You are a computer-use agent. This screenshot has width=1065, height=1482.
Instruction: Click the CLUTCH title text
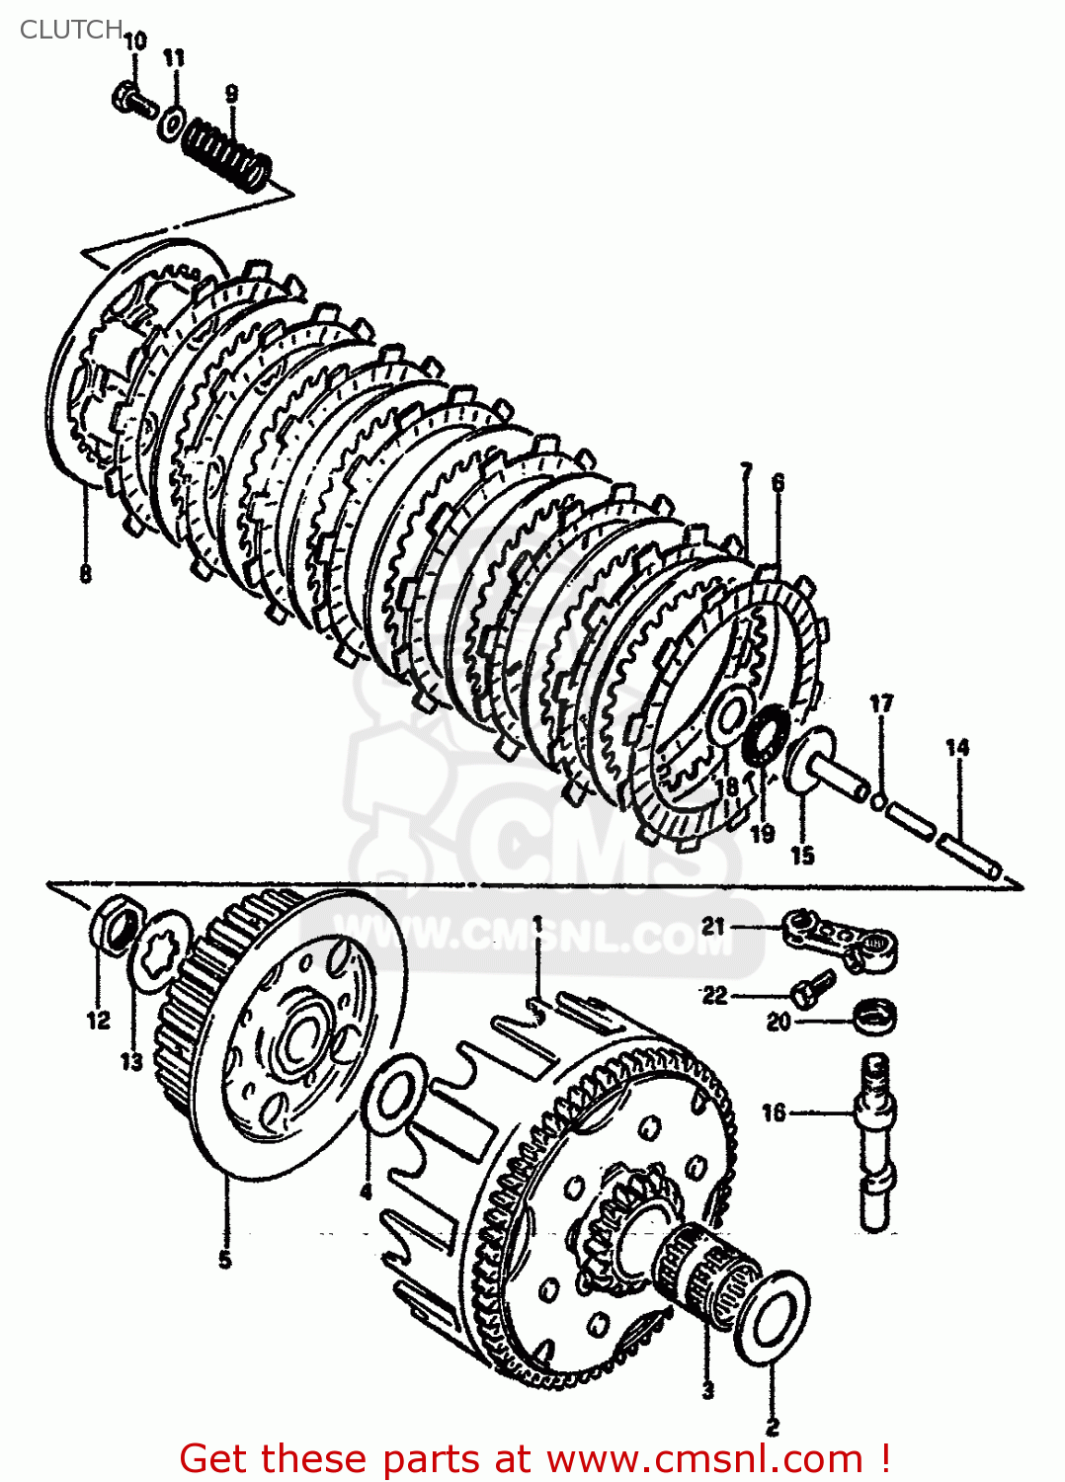[x=70, y=30]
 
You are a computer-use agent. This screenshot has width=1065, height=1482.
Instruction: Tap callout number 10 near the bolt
[x=135, y=41]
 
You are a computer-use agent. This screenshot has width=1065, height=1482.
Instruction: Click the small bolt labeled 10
[x=133, y=100]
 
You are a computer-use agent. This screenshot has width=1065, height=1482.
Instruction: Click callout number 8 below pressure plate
[x=86, y=574]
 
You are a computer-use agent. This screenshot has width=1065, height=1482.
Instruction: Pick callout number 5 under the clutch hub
[x=225, y=1260]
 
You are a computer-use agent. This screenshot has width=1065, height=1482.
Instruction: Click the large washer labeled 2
[x=772, y=1318]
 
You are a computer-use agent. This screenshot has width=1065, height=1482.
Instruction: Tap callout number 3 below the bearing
[x=707, y=1390]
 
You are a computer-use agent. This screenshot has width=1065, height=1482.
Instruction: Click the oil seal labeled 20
[x=874, y=1016]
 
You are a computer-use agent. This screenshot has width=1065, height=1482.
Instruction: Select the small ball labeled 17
[x=878, y=797]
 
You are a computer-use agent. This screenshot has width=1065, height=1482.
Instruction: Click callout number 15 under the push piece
[x=802, y=856]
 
